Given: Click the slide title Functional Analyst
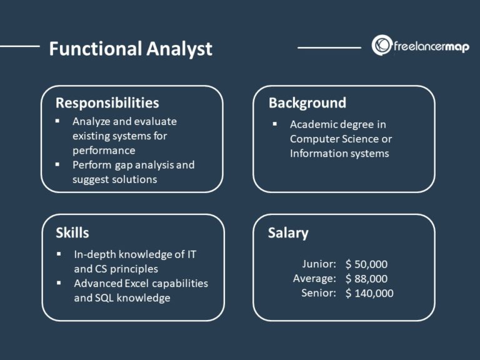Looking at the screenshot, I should (x=131, y=49).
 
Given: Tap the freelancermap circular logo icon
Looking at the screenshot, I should (x=382, y=45).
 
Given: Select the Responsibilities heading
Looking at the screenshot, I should (x=107, y=102).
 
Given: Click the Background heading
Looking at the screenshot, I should (x=307, y=102).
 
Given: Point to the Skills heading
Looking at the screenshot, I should (x=72, y=233).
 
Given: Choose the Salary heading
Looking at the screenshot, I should (x=288, y=233).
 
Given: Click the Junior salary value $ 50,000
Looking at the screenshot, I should (x=366, y=264).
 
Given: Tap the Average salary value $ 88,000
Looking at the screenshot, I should (x=366, y=279).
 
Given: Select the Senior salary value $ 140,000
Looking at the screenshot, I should (x=369, y=293).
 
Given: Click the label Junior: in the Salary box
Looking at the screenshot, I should (x=319, y=264).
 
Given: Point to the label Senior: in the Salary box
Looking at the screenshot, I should (x=319, y=293).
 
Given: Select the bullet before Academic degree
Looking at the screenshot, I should (x=275, y=124).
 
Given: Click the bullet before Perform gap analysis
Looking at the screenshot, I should (x=57, y=165).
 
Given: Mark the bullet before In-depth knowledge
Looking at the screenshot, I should (x=59, y=254).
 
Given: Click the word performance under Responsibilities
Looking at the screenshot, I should (x=104, y=150).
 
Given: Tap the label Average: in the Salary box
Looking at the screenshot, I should (x=314, y=279).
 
